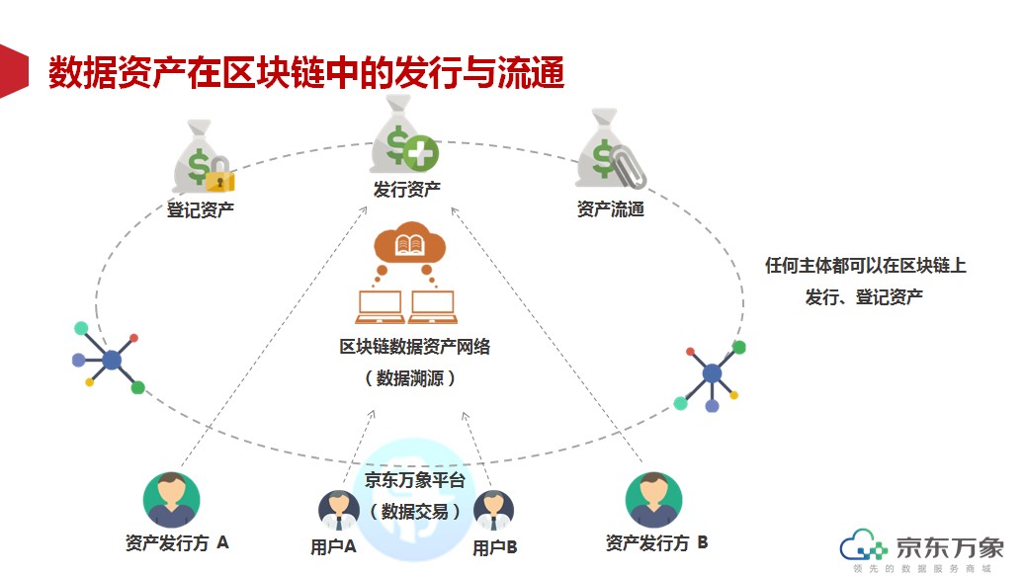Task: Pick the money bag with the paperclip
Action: [x=610, y=153]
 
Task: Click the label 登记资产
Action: [x=201, y=208]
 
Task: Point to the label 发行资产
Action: [x=407, y=189]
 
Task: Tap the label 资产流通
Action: [x=610, y=208]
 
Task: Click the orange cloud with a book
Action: [x=408, y=245]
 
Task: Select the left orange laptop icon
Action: [x=381, y=307]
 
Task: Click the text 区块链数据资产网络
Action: [x=415, y=347]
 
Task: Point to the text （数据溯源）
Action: [x=410, y=378]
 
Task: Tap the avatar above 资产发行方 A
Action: [x=172, y=500]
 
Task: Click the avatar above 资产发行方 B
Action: [x=653, y=500]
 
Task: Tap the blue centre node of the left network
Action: [x=112, y=360]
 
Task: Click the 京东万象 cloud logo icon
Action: [x=864, y=547]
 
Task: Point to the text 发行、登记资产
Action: [x=864, y=296]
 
